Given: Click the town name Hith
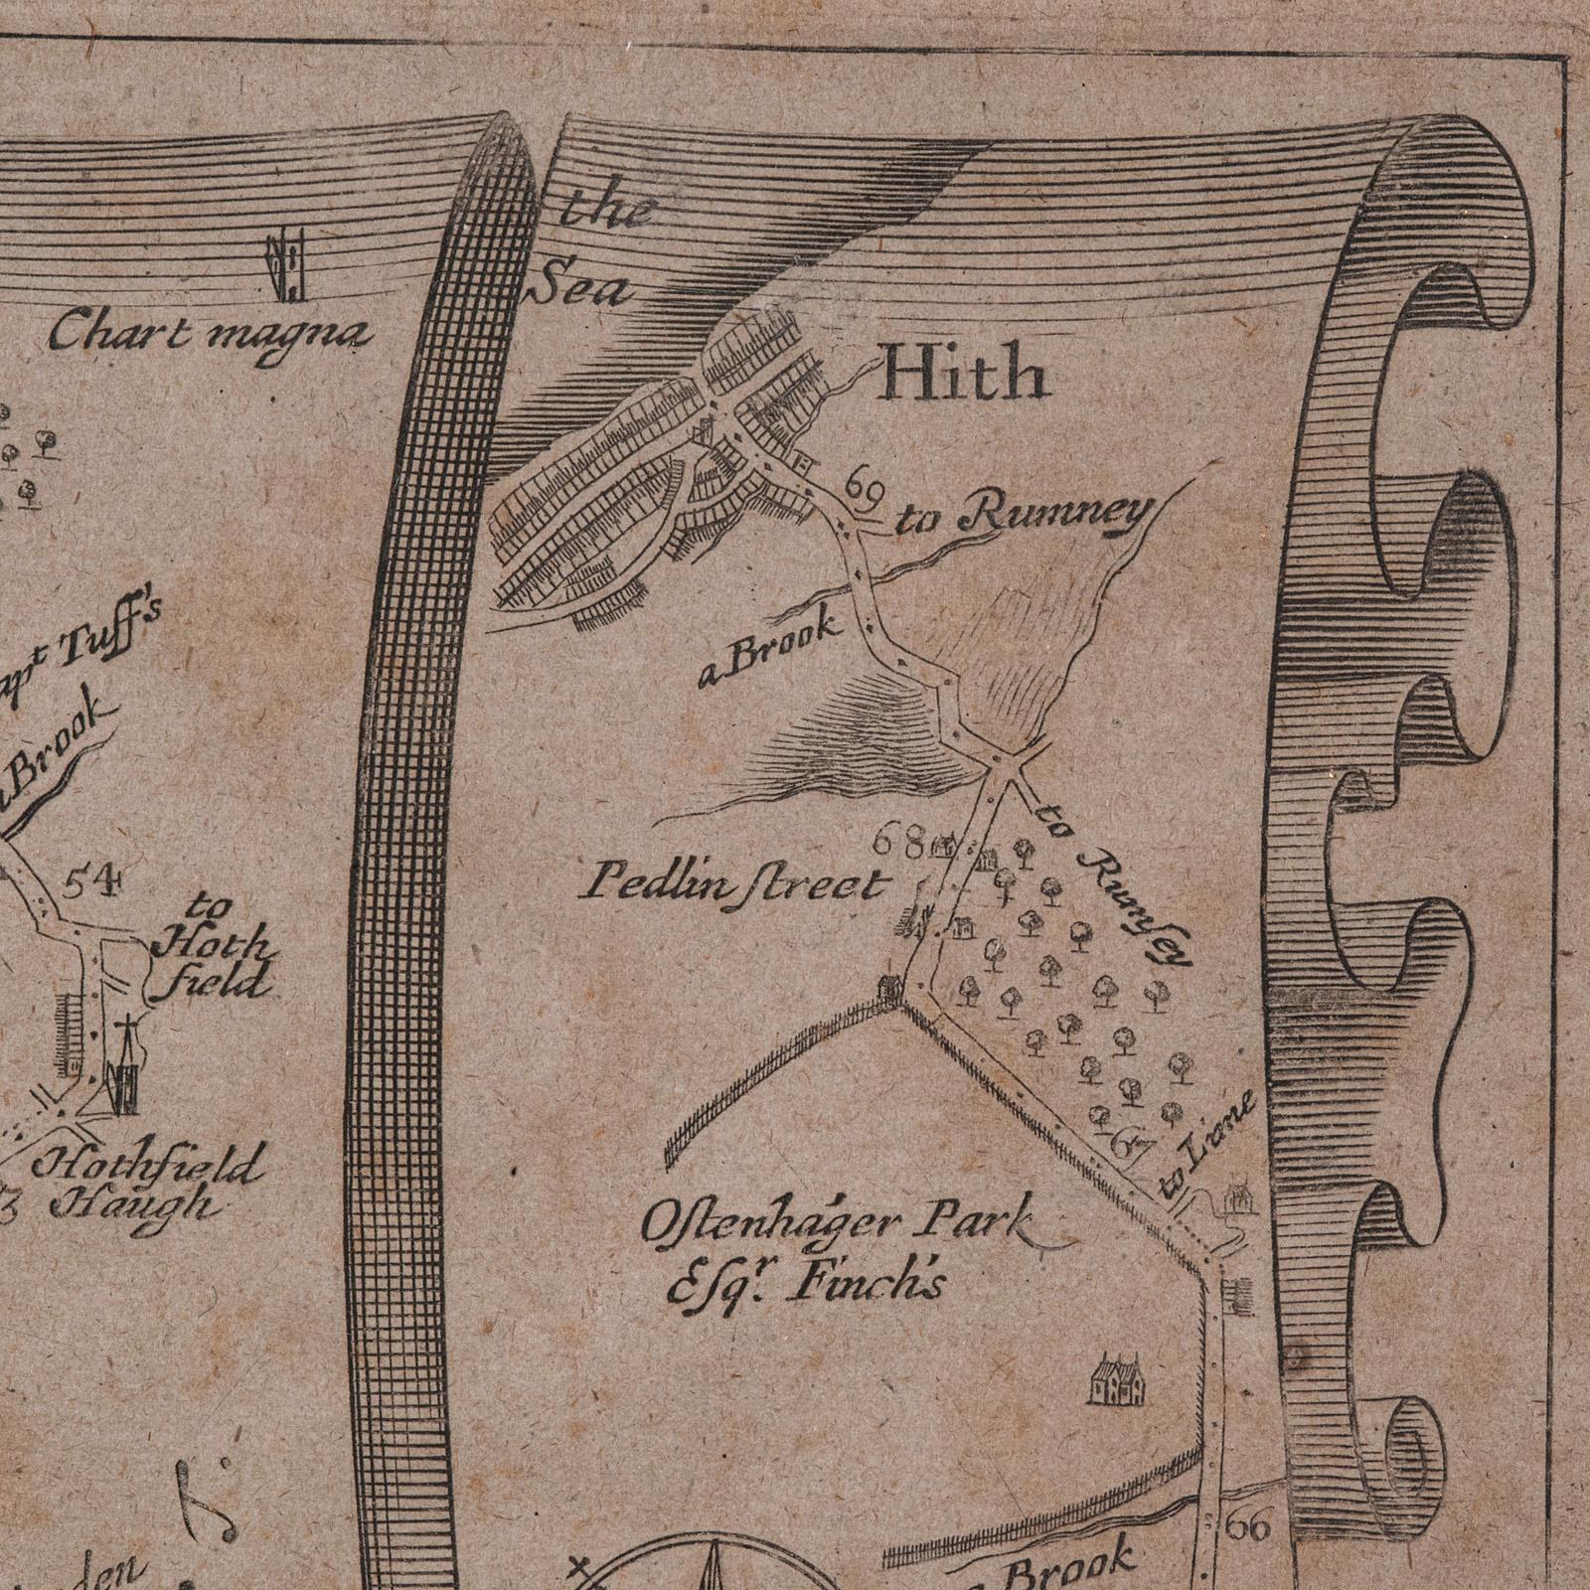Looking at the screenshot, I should click(x=964, y=377).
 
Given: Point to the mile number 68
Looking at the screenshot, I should click(x=895, y=844).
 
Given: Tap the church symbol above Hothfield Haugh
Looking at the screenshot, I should click(x=124, y=1070).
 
